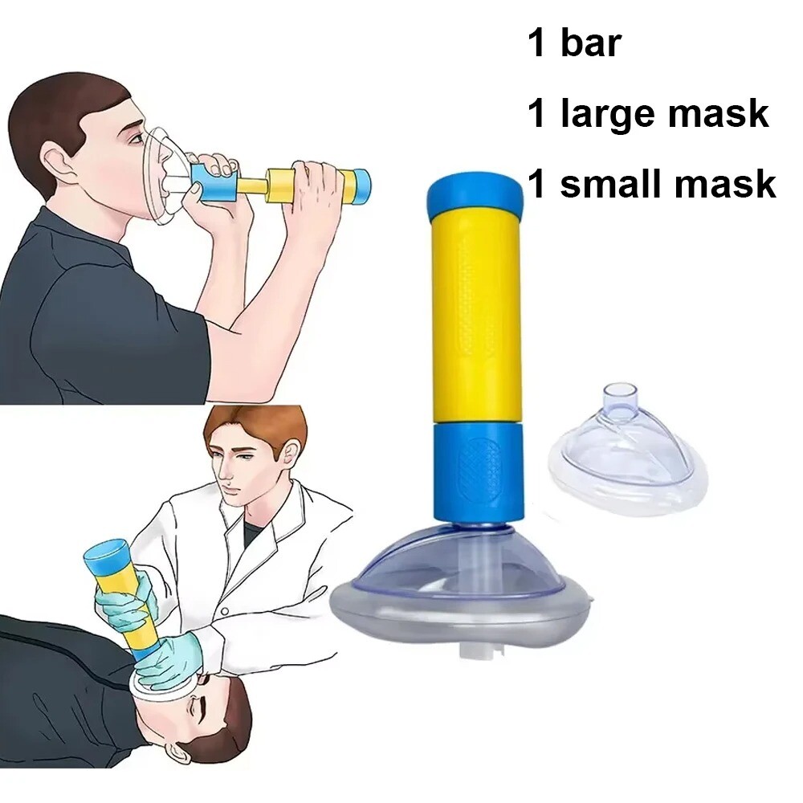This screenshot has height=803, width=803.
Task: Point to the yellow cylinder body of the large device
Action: (474, 321)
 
